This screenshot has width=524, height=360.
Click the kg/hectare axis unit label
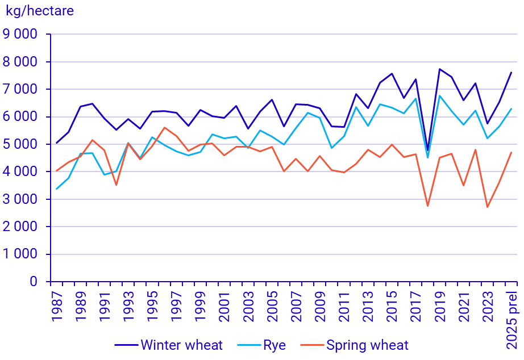point(40,10)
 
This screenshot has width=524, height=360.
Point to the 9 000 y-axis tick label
point(20,34)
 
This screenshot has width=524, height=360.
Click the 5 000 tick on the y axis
point(20,144)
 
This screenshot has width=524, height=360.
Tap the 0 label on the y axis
point(34,282)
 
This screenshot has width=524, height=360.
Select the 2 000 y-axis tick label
point(20,227)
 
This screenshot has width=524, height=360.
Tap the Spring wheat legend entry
point(367,345)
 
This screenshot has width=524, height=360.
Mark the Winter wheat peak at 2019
point(439,69)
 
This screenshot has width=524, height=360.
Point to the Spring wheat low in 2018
point(427,206)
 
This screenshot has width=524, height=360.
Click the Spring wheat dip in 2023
point(487,207)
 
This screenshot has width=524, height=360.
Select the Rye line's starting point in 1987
point(57,189)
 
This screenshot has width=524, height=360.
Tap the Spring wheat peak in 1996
point(164,128)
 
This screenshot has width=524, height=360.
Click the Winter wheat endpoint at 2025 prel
point(511,73)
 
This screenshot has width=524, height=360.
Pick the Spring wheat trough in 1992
point(117,185)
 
